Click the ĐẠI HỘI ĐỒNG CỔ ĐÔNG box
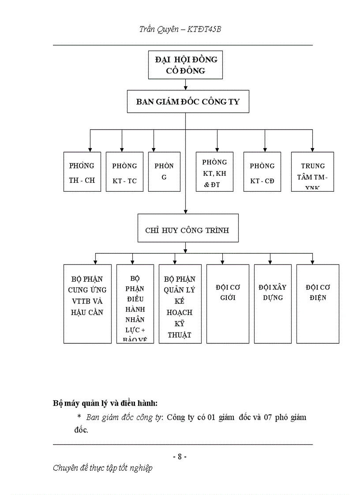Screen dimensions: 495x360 [185, 65]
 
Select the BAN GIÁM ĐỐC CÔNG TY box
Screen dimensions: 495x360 [187, 102]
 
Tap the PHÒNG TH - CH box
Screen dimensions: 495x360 [82, 172]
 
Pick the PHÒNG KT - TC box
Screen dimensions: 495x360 [124, 172]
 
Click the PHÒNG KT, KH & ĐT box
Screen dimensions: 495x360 [214, 172]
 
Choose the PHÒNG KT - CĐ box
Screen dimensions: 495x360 [262, 172]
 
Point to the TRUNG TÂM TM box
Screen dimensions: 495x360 [312, 172]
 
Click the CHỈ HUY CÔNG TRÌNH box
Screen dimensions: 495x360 [187, 228]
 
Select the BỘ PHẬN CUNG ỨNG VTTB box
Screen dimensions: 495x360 [87, 304]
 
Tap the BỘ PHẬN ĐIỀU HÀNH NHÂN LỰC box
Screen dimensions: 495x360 [135, 304]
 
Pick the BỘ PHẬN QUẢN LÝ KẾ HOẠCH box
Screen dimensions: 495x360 [180, 304]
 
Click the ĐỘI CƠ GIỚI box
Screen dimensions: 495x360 [225, 304]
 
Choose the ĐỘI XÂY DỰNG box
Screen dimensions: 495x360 [273, 304]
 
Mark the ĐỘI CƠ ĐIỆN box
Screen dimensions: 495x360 [318, 304]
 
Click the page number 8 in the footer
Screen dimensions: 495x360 [180, 457]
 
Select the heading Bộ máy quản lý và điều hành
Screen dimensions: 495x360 [105, 403]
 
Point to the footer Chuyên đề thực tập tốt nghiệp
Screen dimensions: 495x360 [102, 468]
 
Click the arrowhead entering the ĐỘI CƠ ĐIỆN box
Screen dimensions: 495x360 [312, 262]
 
